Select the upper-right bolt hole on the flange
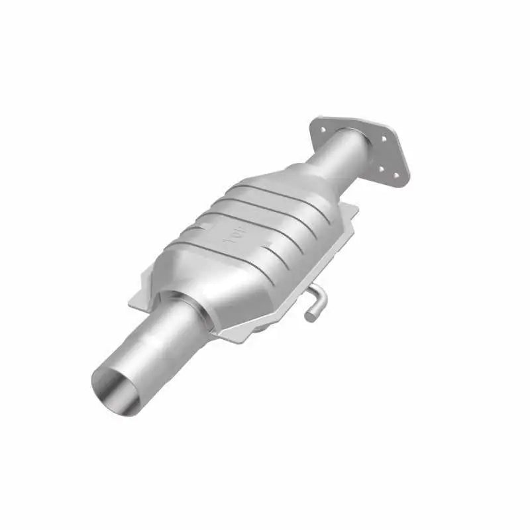pyautogui.click(x=382, y=138)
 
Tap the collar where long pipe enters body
pyautogui.click(x=192, y=311)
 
